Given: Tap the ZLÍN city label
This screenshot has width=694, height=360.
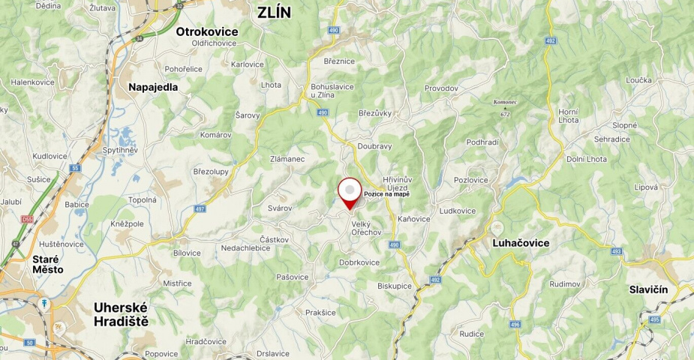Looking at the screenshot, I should click(x=274, y=12).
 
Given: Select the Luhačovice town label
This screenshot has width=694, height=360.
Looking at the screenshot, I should click(x=521, y=243).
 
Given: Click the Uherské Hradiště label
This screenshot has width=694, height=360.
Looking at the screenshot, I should click(x=121, y=314).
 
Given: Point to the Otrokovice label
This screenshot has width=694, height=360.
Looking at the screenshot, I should click(x=207, y=31).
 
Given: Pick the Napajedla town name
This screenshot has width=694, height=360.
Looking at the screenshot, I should click(x=153, y=87).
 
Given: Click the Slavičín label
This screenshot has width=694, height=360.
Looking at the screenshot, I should click(x=648, y=289).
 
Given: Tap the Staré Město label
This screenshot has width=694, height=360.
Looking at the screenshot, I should click(x=48, y=263).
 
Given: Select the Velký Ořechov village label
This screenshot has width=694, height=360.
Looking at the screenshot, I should click(x=366, y=227).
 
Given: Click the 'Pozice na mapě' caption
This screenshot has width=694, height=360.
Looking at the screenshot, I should click(x=387, y=194).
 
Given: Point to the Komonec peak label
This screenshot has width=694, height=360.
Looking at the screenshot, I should click(x=505, y=101).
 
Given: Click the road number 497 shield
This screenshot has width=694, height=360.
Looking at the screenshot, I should click(x=200, y=209).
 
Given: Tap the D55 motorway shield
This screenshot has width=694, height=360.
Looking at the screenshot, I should click(x=28, y=219).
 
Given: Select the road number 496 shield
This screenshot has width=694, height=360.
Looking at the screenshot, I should click(x=515, y=325).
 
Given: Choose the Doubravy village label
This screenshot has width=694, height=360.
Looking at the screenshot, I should click(x=374, y=146).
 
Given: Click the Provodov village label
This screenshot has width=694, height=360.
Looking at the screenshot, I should click(x=441, y=88).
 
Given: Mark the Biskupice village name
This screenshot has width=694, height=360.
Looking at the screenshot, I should click(x=395, y=286).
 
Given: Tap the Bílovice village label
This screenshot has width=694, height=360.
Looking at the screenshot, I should click(x=187, y=253).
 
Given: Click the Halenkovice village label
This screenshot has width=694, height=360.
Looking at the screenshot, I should click(x=32, y=82).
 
